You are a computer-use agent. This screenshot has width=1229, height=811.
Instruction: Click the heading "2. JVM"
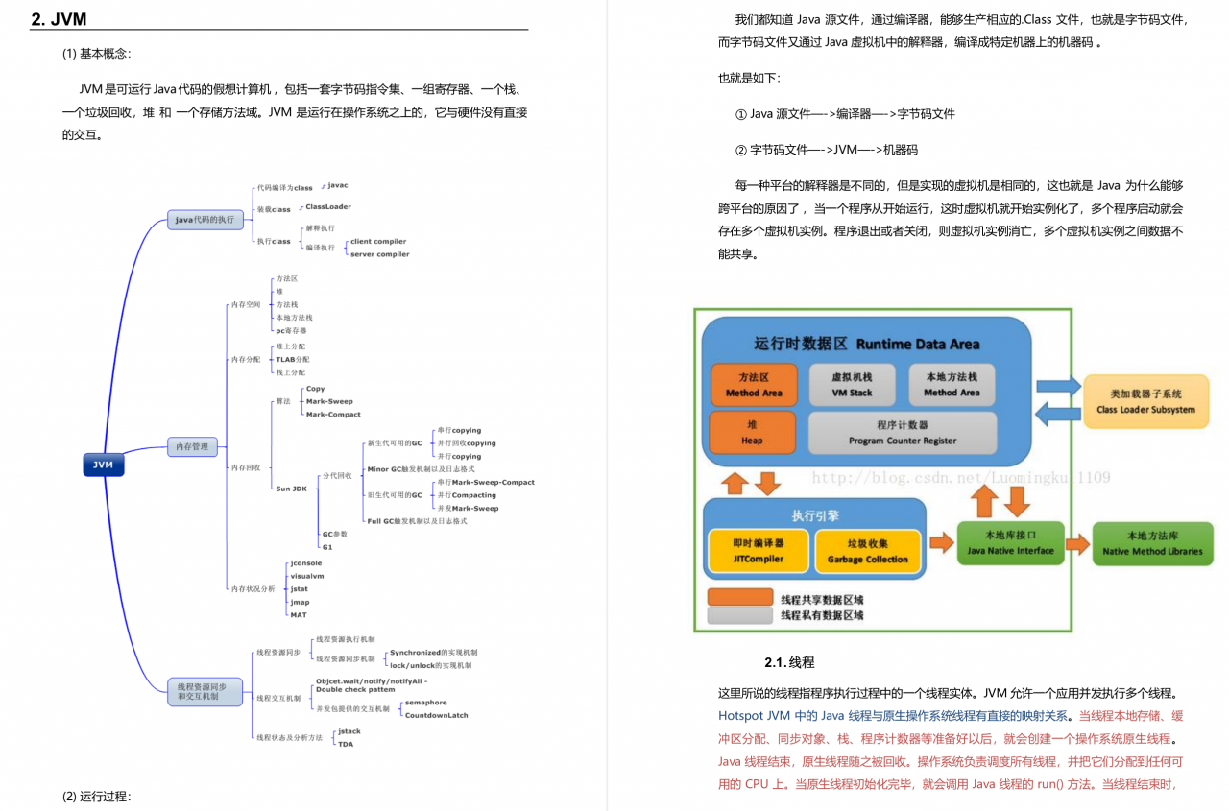tap(59, 19)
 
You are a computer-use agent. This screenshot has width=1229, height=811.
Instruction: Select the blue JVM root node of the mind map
tap(103, 465)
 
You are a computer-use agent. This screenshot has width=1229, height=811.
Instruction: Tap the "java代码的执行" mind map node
tap(205, 220)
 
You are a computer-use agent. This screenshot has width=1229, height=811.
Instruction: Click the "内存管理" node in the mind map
tap(193, 446)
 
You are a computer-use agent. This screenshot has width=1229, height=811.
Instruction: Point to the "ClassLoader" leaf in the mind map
tap(328, 207)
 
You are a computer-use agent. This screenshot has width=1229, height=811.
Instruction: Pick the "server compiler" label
tap(379, 254)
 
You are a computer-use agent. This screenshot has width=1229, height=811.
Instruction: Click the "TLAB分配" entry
tap(293, 359)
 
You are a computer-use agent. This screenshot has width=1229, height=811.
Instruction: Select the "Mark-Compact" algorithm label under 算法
tap(333, 415)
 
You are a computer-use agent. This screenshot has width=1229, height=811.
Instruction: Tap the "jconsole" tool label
tap(306, 563)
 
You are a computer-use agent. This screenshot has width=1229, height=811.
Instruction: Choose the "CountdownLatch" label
tap(436, 715)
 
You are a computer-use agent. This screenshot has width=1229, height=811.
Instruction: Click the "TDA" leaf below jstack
tap(346, 744)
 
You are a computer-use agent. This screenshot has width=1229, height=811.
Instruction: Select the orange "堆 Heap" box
tap(752, 433)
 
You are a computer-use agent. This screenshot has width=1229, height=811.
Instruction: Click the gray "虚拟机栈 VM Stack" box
tap(852, 385)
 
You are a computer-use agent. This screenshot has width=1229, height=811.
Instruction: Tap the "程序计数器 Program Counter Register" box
tap(902, 433)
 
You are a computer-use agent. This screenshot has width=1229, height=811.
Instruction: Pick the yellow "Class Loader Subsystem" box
tap(1145, 401)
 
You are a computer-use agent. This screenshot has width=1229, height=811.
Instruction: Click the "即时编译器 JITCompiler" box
tap(758, 551)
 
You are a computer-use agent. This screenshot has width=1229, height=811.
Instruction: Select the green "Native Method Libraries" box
tap(1152, 543)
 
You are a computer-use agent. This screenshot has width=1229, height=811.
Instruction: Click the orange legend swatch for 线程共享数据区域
tap(739, 598)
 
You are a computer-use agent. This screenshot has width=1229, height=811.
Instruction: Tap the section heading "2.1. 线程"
tap(789, 662)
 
